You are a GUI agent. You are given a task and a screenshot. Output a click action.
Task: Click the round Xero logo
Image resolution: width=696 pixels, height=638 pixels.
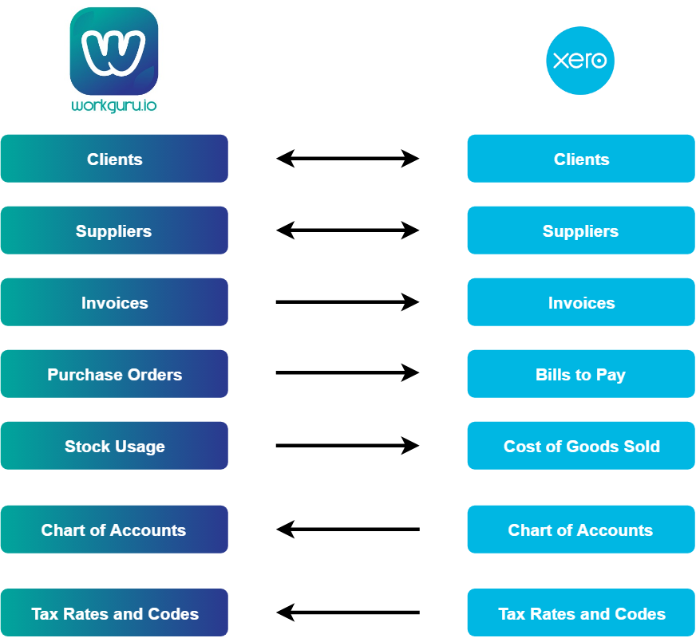[x=580, y=61]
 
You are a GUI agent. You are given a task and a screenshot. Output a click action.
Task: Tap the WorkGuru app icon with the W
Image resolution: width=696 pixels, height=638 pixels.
[x=114, y=51]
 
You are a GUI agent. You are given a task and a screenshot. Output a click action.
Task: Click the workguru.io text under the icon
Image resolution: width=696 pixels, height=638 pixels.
[x=114, y=106]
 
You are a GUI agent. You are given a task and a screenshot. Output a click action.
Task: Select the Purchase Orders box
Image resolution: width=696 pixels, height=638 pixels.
[x=114, y=374]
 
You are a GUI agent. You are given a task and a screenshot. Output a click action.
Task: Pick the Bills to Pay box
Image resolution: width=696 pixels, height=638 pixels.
[x=581, y=374]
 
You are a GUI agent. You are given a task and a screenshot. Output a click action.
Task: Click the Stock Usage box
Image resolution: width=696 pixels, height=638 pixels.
[x=114, y=446]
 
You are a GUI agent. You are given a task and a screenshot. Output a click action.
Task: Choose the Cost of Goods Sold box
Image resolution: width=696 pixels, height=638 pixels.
[x=581, y=446]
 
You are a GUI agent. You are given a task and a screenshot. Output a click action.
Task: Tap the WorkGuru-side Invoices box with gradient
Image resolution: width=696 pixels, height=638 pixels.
[x=114, y=302]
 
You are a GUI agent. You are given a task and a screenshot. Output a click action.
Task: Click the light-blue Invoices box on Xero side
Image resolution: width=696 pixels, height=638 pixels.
[x=581, y=302]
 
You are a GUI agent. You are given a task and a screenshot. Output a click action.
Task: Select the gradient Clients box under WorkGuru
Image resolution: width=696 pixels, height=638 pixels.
[x=114, y=159]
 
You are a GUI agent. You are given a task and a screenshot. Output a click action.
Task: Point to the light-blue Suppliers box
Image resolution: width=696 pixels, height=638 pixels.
[x=581, y=230]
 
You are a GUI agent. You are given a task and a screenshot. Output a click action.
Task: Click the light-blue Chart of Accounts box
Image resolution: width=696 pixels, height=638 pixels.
[x=581, y=530]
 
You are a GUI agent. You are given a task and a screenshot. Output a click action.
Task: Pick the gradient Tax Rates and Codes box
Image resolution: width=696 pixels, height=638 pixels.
[x=114, y=613]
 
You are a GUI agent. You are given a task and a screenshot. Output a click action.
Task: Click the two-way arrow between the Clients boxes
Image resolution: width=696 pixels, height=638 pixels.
[x=348, y=159]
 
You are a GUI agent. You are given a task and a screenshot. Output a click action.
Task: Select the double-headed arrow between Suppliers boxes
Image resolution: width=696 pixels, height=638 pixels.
[x=348, y=230]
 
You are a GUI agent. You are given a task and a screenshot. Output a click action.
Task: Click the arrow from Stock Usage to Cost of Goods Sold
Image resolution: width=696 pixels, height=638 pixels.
[x=348, y=446]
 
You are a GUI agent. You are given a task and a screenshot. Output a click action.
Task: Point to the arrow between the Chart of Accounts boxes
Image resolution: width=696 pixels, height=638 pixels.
[x=348, y=530]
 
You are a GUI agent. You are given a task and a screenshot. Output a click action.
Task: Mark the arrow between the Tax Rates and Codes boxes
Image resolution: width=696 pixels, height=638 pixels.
[x=348, y=613]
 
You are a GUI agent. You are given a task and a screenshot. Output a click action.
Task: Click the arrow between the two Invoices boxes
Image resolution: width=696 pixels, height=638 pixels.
[x=348, y=302]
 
